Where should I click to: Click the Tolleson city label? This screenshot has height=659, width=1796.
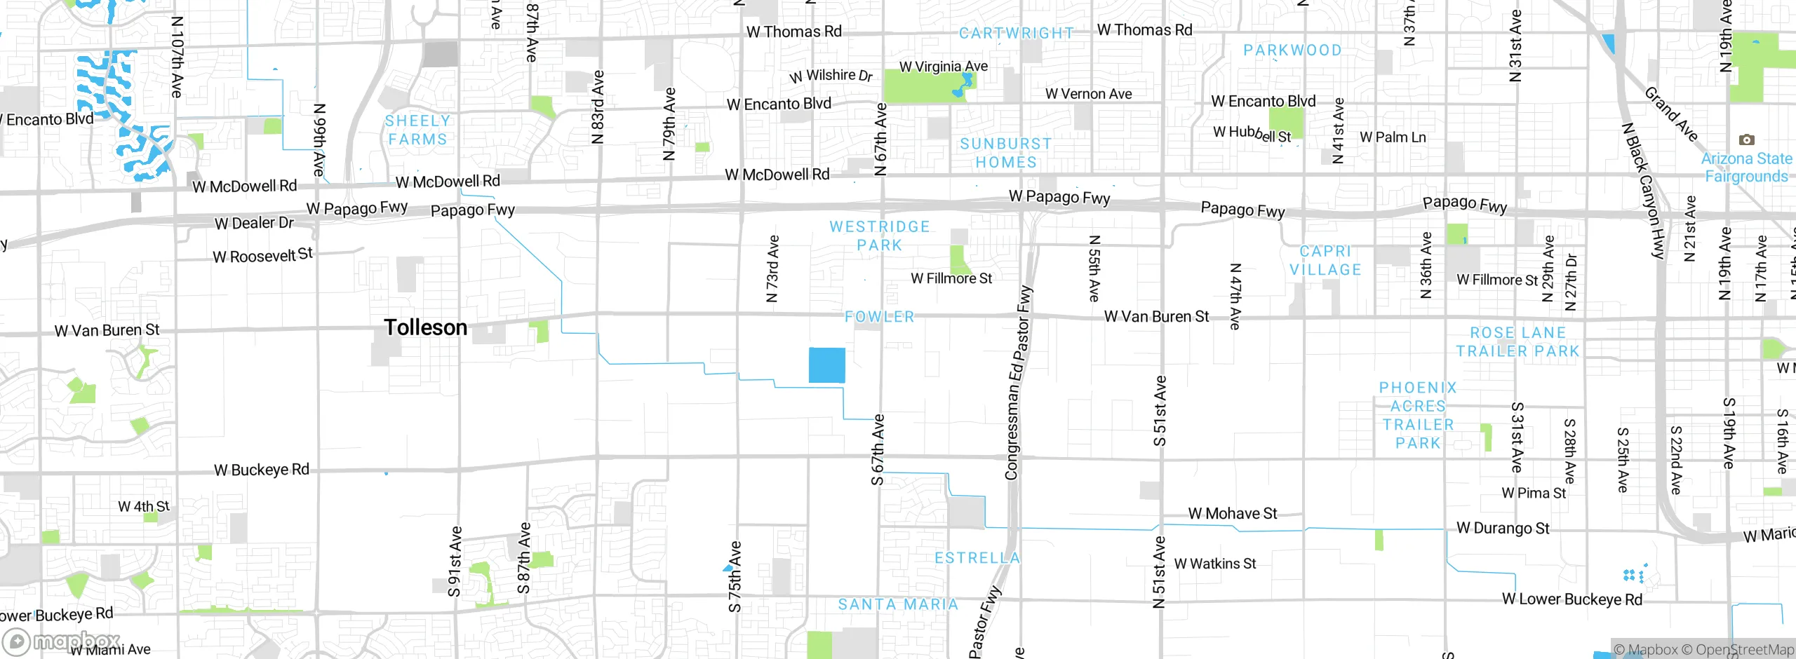pos(425,327)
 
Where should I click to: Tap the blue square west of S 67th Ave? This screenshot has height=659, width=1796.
pos(826,365)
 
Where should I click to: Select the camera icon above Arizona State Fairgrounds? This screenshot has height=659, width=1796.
pos(1746,140)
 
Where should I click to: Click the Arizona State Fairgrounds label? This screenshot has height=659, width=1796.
pos(1745,168)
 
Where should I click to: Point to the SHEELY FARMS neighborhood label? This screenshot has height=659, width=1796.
pos(417,130)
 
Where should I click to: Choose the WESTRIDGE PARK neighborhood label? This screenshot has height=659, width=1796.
pos(879,236)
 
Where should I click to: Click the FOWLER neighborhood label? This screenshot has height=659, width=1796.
pos(880,317)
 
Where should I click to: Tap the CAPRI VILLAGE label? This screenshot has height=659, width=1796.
pos(1325,261)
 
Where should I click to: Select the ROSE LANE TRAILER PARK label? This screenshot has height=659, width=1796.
pos(1517,342)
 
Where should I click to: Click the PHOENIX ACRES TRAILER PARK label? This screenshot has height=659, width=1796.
pos(1418,415)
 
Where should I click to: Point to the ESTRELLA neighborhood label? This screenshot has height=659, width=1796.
pos(977,558)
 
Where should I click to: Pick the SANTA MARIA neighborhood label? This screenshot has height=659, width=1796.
pos(898,604)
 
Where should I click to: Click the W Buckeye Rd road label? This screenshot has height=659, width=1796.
pos(261,470)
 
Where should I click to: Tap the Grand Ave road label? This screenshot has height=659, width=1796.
pos(1671,114)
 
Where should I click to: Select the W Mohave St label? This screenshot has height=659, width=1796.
pos(1232,514)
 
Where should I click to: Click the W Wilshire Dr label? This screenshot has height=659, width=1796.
pos(831,76)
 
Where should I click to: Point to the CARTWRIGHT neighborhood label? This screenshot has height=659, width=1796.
pos(1016,33)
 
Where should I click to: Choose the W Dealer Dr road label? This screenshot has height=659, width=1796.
pos(254,224)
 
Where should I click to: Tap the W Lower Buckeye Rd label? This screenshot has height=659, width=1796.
pos(1571,599)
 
